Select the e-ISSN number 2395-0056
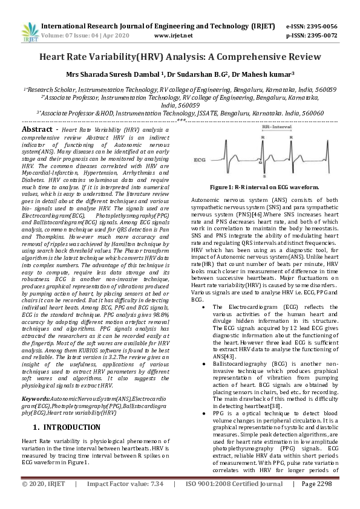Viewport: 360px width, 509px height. (x=320, y=27)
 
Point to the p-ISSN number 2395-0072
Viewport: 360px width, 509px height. (x=320, y=36)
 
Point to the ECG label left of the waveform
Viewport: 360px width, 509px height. (x=201, y=160)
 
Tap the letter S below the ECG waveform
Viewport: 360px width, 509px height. (x=262, y=180)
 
